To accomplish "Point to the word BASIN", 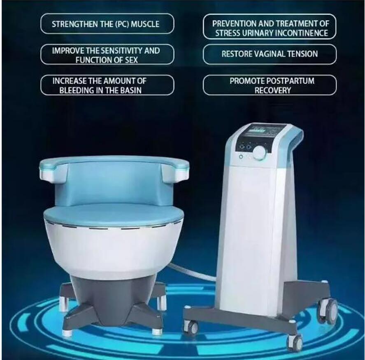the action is pos(130,90).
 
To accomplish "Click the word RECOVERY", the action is pos(272,90).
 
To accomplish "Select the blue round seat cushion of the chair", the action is pos(114,214).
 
